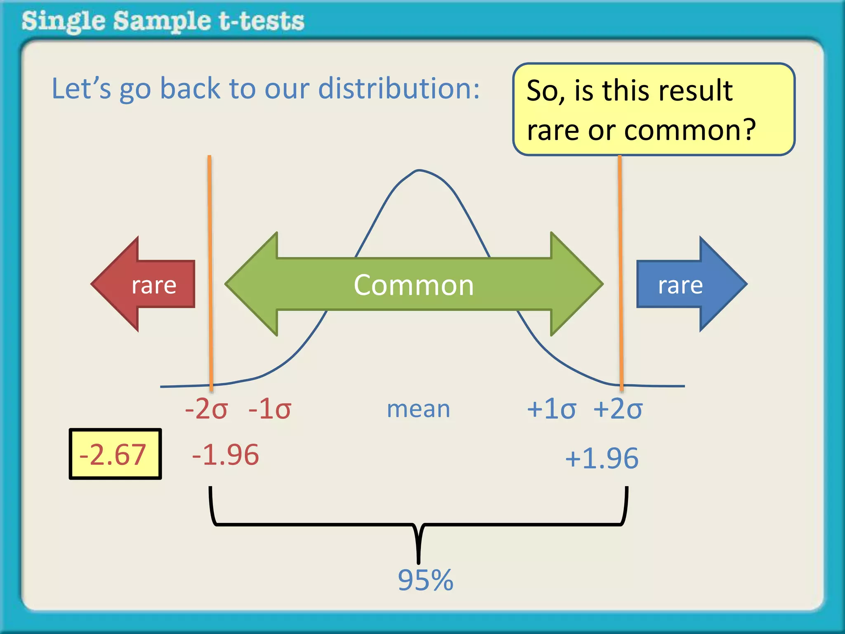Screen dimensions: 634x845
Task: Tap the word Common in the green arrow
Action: point(414,285)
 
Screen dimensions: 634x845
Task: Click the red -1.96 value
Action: point(225,455)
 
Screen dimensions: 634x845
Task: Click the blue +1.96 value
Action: point(602,458)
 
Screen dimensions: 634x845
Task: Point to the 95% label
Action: point(425,580)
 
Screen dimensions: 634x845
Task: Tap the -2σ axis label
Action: point(206,409)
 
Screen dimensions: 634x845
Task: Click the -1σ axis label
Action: point(270,409)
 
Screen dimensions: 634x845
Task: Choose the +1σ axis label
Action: point(551,409)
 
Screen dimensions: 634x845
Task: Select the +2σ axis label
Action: point(618,409)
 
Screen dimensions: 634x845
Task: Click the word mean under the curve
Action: point(418,409)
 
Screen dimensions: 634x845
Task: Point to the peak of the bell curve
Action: point(419,170)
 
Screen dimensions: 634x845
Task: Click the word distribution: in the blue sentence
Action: point(399,88)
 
